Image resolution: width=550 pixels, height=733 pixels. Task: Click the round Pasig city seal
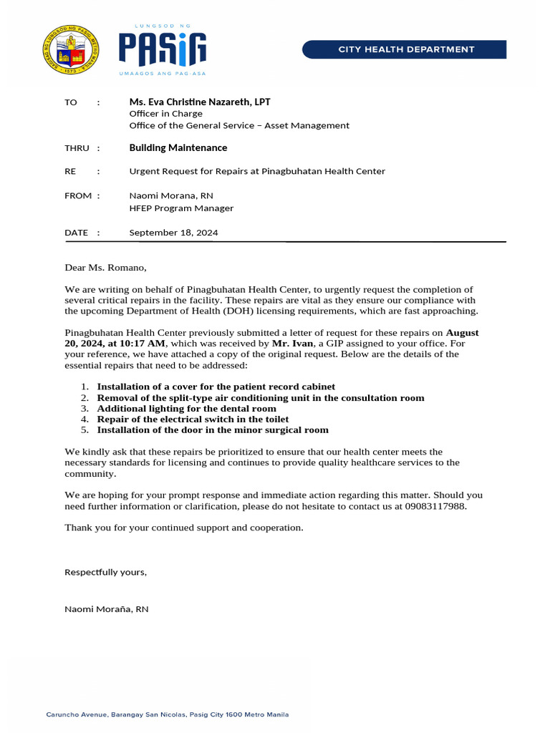pos(72,52)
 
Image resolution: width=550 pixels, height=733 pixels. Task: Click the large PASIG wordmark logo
pos(163,49)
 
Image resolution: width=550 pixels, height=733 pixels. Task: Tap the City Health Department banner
pos(405,49)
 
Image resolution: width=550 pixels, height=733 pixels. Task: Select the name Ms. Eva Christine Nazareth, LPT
pos(200,102)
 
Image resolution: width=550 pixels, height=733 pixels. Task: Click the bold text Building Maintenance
pos(178,147)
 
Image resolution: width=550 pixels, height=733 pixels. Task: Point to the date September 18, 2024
pos(173,233)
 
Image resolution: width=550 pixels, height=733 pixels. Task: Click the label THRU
pos(77,148)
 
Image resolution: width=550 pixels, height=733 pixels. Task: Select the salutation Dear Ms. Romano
pos(105,268)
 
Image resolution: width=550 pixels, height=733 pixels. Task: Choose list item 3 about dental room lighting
pos(186,409)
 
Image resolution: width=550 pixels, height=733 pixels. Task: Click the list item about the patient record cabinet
pos(216,387)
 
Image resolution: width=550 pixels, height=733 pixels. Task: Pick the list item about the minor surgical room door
pos(213,430)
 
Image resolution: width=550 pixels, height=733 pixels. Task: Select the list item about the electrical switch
pos(193,419)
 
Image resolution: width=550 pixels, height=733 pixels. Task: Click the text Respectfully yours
pos(105,572)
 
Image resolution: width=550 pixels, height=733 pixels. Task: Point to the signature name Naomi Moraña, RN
pos(107,609)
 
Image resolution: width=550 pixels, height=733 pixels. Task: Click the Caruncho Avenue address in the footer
pos(168,714)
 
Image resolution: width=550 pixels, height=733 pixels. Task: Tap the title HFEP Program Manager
pos(181,208)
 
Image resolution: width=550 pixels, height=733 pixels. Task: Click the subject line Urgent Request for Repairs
pos(256,171)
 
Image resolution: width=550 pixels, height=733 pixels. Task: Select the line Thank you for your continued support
pos(184,528)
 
